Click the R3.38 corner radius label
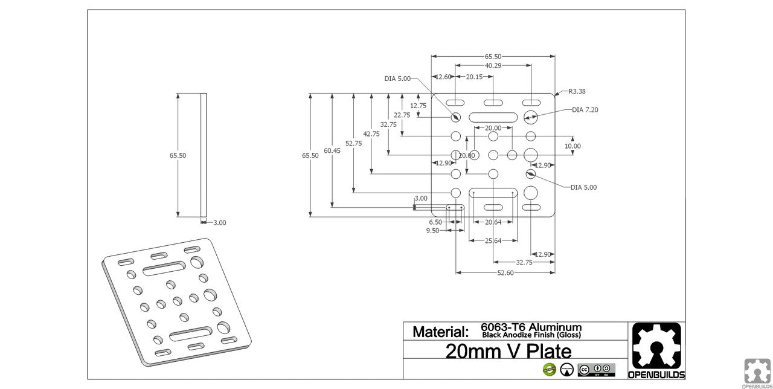(x=577, y=91)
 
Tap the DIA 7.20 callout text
(x=585, y=110)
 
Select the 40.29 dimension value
(x=493, y=65)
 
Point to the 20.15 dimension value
(x=474, y=77)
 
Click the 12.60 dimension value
(x=443, y=77)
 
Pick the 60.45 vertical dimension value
(x=332, y=150)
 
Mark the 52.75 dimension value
(x=353, y=143)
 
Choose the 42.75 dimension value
(x=371, y=134)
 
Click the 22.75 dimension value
(x=402, y=115)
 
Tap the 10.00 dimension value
(x=573, y=146)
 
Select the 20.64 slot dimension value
(x=493, y=222)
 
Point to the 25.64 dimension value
(x=493, y=241)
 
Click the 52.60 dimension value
(x=505, y=273)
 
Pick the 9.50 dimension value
(x=433, y=231)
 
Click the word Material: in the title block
(x=440, y=332)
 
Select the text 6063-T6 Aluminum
(x=531, y=327)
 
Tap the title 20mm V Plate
(x=508, y=350)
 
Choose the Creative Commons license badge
(x=596, y=370)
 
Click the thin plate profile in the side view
(x=204, y=155)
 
